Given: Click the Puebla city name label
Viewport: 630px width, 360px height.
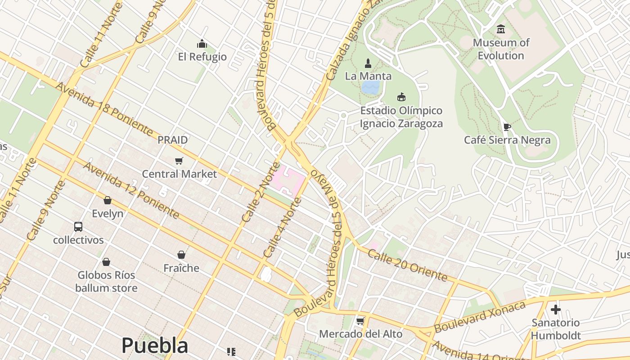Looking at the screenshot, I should (154, 346).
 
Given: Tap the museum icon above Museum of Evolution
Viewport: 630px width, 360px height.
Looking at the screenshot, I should (501, 30).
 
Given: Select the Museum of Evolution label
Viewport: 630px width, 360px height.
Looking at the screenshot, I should (501, 49).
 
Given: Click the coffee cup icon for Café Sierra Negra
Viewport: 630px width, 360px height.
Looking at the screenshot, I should (507, 127).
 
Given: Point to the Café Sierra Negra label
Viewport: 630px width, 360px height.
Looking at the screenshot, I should (507, 140).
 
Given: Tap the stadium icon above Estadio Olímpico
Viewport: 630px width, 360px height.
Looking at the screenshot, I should (401, 97).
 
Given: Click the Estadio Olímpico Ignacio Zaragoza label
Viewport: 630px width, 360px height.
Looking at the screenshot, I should (401, 117).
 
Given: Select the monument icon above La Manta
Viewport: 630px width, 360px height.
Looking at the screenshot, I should (368, 63).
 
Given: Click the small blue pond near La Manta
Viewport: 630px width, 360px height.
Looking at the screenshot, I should (370, 87).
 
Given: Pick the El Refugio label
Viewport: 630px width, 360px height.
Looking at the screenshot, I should (202, 57).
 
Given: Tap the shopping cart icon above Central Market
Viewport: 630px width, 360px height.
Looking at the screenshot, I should (179, 161).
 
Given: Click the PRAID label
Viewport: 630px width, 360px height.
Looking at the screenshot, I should (172, 140).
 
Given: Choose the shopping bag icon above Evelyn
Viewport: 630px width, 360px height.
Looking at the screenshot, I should (107, 200).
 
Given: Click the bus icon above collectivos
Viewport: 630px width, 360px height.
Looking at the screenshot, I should (78, 226).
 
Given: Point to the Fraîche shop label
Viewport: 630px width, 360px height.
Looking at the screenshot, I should (181, 268).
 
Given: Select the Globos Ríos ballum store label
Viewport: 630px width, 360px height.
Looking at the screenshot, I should (106, 281).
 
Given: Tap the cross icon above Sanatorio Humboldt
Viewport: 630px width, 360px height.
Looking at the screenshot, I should (556, 310).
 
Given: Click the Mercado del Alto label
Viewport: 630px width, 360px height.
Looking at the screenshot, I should (360, 334).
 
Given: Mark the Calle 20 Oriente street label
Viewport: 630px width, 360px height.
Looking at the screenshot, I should (407, 265).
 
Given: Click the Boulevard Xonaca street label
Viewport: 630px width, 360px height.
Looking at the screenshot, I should (480, 317).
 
